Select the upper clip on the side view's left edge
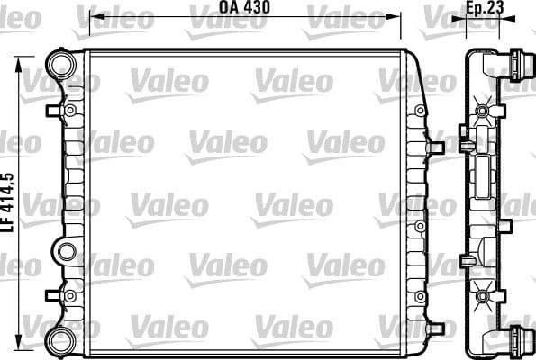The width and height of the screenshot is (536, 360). coord(465,139)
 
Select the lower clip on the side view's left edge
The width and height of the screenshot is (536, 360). coord(465,261)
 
